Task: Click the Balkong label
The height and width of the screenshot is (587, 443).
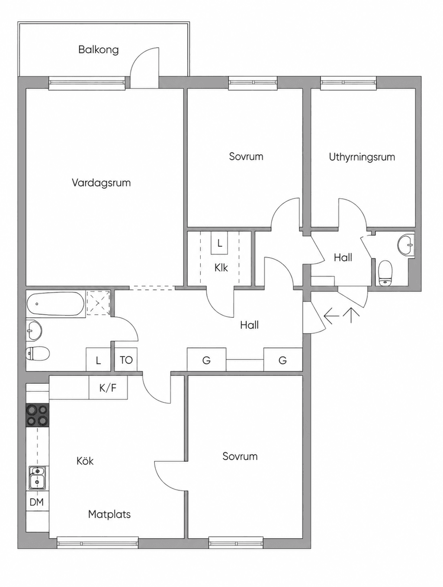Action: (x=98, y=50)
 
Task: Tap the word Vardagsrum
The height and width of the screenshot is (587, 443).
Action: (x=101, y=183)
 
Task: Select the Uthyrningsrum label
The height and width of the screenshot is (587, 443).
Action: (x=362, y=157)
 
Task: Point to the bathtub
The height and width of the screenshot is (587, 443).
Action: (x=56, y=304)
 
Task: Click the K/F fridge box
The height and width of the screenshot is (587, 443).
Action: (x=108, y=387)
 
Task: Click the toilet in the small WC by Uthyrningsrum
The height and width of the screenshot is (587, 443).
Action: (x=385, y=273)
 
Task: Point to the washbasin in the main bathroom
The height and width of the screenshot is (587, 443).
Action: (x=34, y=331)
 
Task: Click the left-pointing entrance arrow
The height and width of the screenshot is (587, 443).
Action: (x=331, y=316)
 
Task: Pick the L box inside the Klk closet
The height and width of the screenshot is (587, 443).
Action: (x=219, y=243)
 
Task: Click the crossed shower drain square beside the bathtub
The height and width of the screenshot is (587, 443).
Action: (x=99, y=303)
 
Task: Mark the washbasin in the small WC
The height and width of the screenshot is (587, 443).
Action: (x=406, y=245)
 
